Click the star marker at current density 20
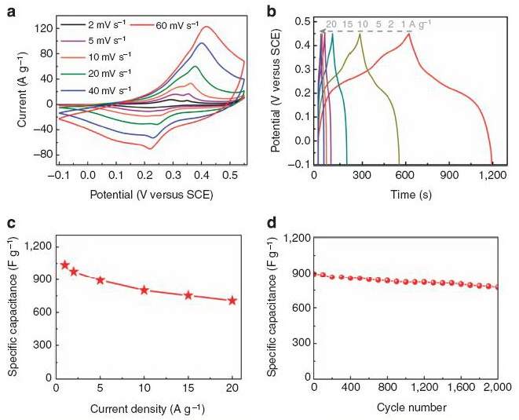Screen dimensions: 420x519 point(232,301)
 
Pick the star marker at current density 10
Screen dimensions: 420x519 point(144,290)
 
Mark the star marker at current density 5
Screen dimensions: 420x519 point(101,279)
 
